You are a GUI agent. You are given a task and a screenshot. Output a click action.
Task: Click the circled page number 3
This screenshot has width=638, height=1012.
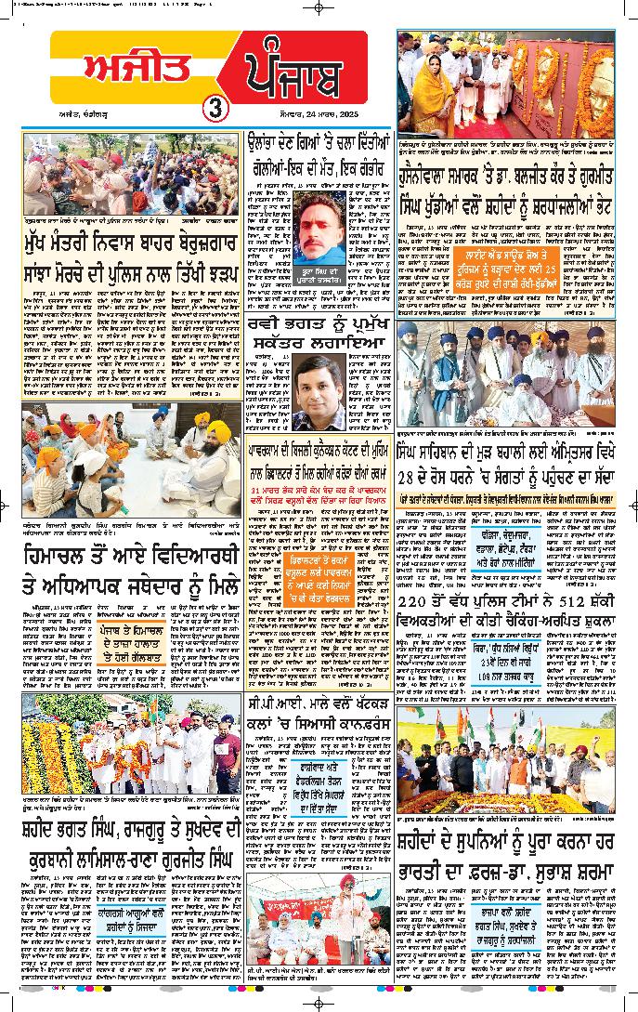pyautogui.click(x=213, y=106)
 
